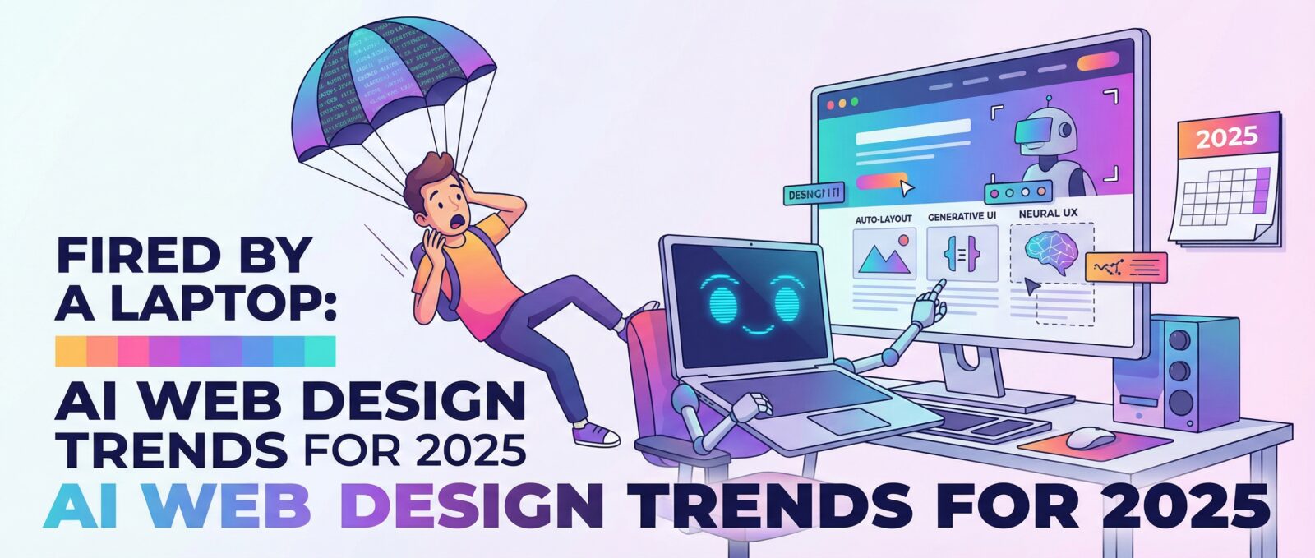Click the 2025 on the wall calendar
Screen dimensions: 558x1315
(x=1227, y=136)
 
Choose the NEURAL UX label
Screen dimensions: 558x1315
(x=1048, y=214)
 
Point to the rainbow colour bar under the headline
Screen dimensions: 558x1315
(x=195, y=351)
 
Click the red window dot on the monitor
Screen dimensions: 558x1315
(x=829, y=106)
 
